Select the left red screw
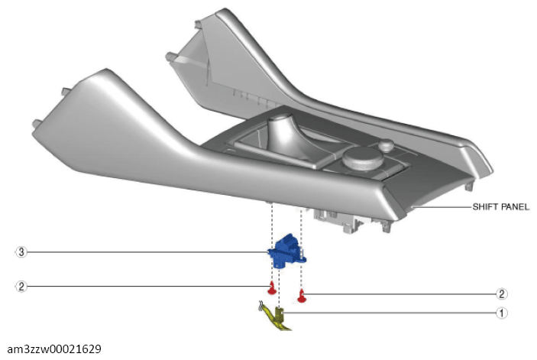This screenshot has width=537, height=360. pos(271,287)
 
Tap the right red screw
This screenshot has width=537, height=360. pos(302,294)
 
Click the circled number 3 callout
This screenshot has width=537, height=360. pos(21,251)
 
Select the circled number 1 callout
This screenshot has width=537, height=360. pos(502,313)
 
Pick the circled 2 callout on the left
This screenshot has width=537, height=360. pos(21,287)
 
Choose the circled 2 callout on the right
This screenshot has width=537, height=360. pos(502,294)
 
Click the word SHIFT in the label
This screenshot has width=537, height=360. pos(484,206)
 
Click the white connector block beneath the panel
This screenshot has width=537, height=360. pos(336,218)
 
